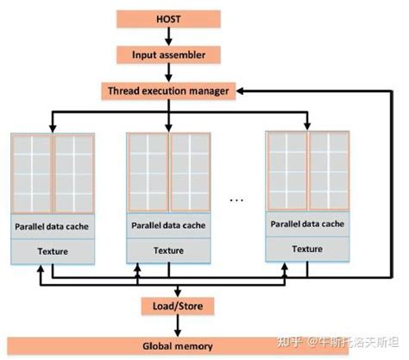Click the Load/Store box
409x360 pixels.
tap(177, 306)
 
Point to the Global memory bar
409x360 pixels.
tap(177, 345)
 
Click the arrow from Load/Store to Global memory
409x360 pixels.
tap(177, 325)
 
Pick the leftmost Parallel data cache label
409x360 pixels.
tap(53, 226)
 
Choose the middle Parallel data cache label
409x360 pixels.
tap(169, 226)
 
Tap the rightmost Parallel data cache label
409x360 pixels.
tap(306, 224)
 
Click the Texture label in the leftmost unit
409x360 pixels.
tap(53, 250)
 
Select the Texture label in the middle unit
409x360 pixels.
tap(169, 250)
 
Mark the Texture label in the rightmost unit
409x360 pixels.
tap(306, 249)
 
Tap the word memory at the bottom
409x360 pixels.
tap(194, 345)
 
